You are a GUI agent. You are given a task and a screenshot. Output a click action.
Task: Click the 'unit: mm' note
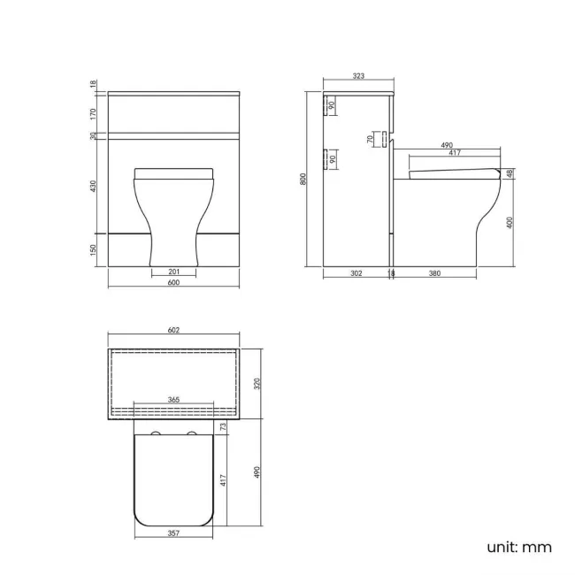518,547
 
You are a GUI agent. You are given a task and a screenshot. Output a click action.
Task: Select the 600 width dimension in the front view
173,282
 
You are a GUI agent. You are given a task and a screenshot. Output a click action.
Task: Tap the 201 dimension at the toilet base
173,272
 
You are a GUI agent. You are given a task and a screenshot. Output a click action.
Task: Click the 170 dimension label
93,113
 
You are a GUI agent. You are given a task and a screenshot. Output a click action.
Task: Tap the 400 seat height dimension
510,223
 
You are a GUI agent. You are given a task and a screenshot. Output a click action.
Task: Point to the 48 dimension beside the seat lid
510,173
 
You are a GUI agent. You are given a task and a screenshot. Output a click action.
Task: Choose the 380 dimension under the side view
434,273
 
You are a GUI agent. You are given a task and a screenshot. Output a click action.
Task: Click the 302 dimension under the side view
356,273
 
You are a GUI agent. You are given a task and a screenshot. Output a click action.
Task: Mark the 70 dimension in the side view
370,139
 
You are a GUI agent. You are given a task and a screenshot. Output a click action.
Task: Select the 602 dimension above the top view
173,331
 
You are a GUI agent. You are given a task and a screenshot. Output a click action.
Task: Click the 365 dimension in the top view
173,400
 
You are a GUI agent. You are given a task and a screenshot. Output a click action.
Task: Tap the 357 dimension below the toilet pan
173,534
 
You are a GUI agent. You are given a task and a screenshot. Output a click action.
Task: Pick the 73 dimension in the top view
224,426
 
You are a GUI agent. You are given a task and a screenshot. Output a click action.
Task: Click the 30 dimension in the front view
93,135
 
